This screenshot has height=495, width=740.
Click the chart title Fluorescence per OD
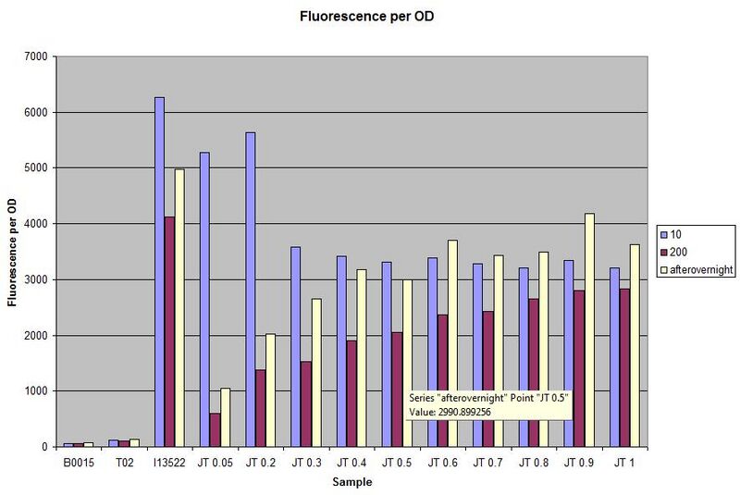click(369, 17)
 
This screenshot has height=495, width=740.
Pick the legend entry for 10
click(679, 233)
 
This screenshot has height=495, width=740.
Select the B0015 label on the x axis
click(78, 461)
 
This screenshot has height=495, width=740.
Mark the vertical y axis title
click(12, 252)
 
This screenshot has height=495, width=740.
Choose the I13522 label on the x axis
click(168, 461)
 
